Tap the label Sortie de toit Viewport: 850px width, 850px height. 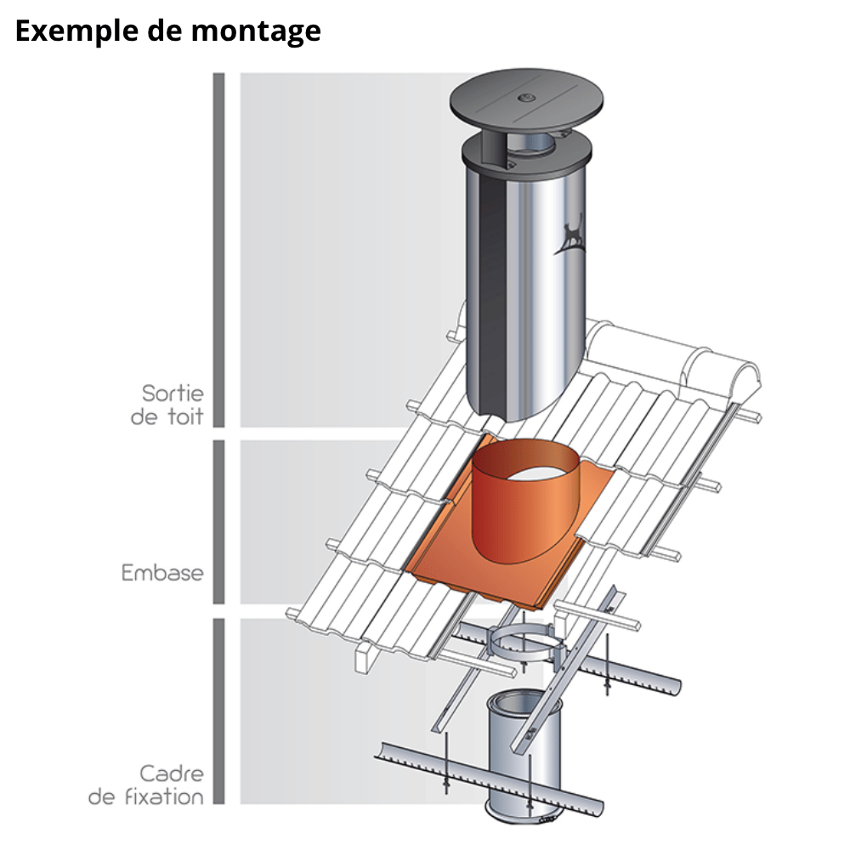(x=167, y=405)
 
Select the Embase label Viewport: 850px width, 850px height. (x=162, y=573)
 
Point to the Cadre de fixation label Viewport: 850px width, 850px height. (x=146, y=785)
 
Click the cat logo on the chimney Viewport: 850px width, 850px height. (x=570, y=235)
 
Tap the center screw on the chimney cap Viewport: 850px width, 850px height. (x=526, y=98)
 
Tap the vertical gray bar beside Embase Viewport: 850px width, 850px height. (x=218, y=522)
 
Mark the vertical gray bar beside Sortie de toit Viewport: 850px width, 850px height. (x=218, y=250)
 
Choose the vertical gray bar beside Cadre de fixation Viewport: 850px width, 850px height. (x=218, y=711)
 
